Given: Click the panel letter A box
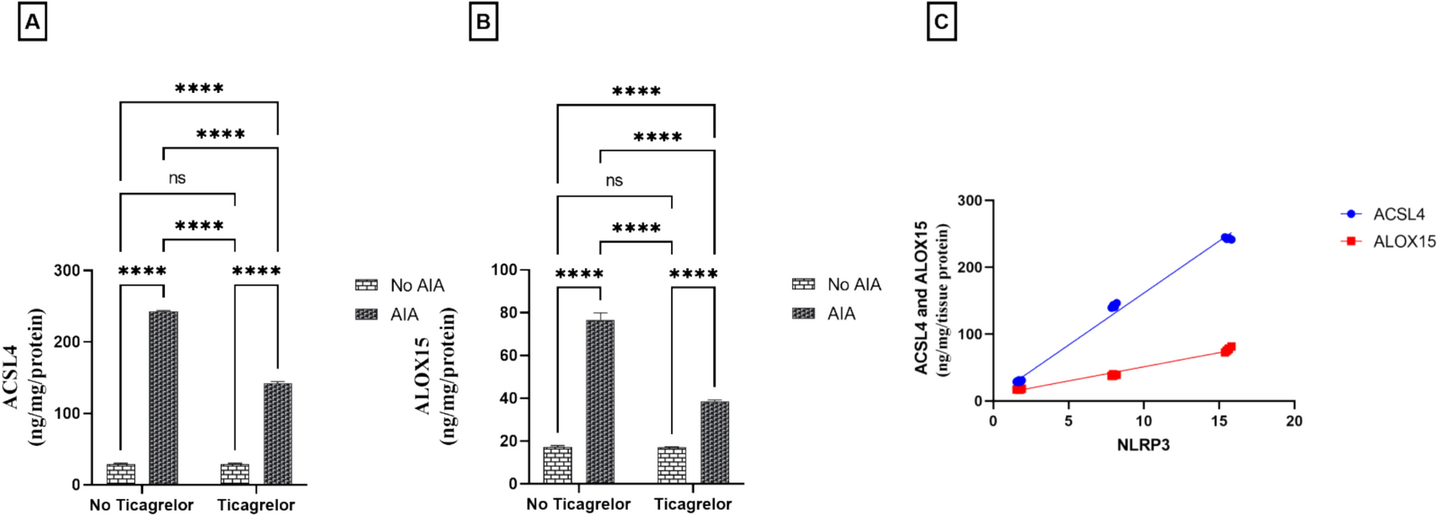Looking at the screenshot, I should (33, 22).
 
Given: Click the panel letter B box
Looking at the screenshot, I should (484, 22).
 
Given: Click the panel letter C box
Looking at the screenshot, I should (941, 22).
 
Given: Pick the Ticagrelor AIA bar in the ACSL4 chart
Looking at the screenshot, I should (277, 433).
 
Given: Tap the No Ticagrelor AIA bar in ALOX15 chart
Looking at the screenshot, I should (600, 401).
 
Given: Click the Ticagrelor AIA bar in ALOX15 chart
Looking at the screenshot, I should (714, 442).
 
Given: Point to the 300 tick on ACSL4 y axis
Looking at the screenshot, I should (67, 270).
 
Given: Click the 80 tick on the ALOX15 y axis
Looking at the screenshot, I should (508, 312).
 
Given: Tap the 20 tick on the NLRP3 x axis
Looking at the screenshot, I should (1294, 421).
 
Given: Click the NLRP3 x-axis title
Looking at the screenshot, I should (1144, 445).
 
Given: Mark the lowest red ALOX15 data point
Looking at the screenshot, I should (1019, 389).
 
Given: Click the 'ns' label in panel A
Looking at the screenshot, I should (177, 178).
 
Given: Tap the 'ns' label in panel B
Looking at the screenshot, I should (614, 181).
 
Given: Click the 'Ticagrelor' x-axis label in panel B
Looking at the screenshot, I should (692, 504).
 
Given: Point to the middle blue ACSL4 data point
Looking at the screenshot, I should (1114, 305).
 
